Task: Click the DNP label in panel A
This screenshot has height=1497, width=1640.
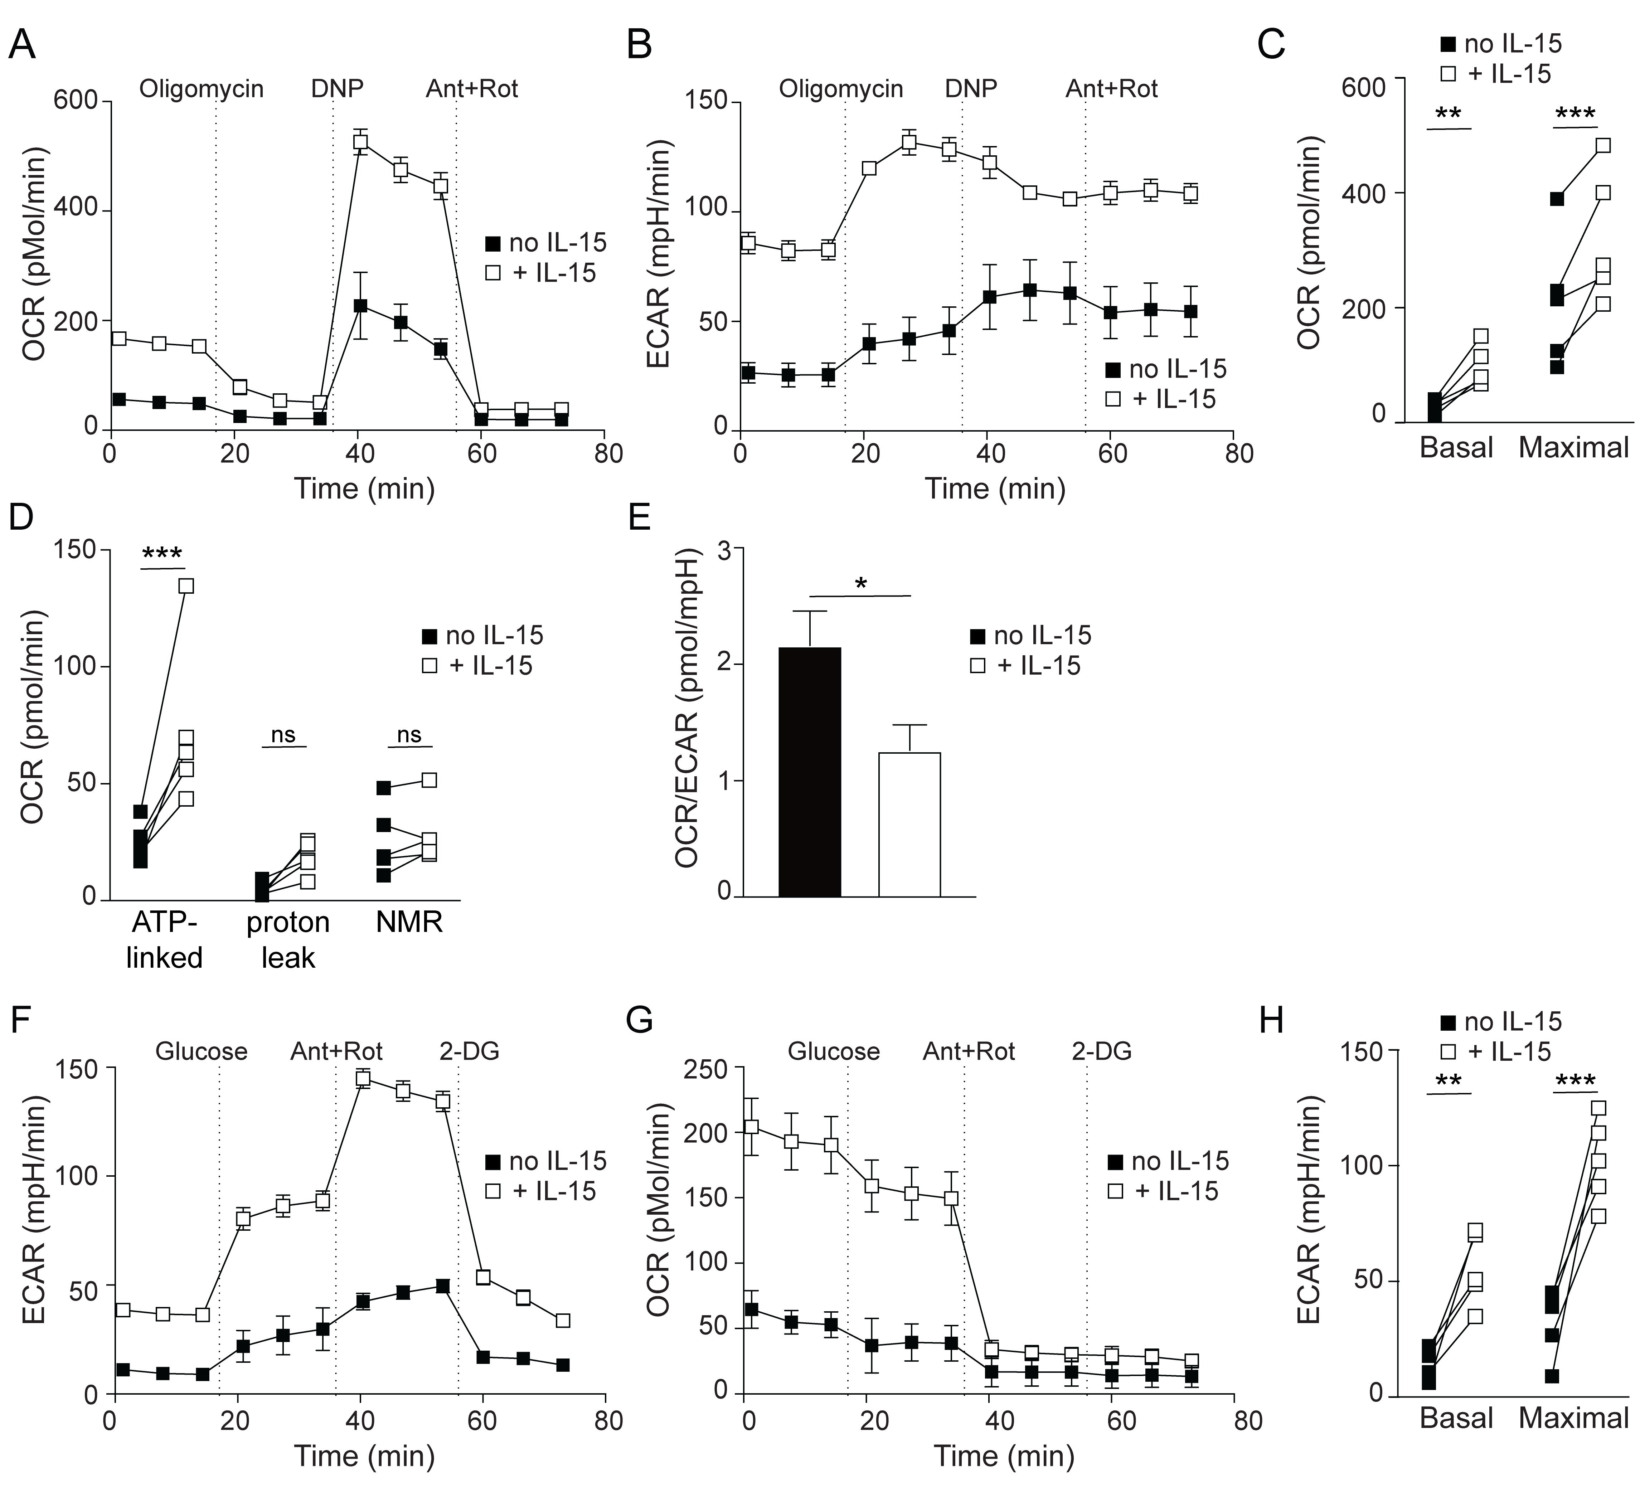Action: coord(337,88)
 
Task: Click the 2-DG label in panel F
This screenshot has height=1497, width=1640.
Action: coord(469,1051)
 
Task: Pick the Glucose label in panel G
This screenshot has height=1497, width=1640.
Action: coord(834,1051)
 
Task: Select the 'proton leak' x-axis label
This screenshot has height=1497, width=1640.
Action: coord(288,940)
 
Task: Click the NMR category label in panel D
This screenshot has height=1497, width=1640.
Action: coord(409,923)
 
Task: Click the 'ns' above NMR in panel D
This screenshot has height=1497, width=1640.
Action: coord(409,735)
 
